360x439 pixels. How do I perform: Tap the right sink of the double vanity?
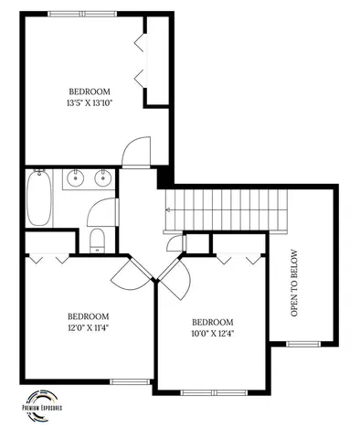pos(102,178)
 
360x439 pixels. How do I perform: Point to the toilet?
pos(98,241)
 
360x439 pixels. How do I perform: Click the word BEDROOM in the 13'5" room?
pos(90,91)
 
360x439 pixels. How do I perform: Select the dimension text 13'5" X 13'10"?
pos(90,104)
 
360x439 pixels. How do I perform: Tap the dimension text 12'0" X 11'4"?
pos(88,327)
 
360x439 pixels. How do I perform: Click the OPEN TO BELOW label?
pos(294,283)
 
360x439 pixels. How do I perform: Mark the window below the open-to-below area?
pos(301,343)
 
